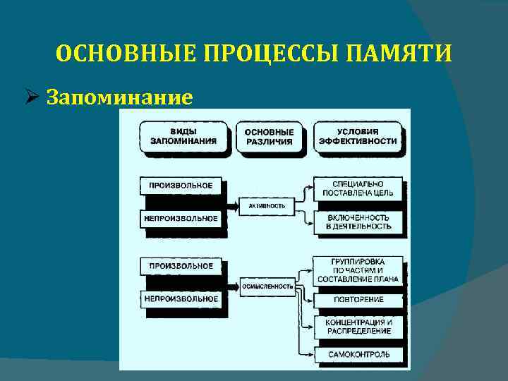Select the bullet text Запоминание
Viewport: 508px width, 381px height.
(119, 97)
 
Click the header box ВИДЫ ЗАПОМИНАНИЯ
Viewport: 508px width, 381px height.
(183, 136)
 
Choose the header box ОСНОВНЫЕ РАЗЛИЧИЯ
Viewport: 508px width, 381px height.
(270, 136)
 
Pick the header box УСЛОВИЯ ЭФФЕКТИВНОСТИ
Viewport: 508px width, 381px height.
(358, 136)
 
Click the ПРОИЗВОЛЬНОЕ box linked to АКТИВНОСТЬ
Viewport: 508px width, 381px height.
(181, 186)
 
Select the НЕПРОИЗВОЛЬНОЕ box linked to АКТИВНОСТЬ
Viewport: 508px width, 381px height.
(181, 218)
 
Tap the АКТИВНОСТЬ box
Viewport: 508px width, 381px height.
(267, 205)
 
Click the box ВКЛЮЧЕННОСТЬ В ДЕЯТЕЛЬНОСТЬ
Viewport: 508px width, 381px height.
(358, 222)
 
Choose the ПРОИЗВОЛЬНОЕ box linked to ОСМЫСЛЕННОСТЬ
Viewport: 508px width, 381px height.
(181, 266)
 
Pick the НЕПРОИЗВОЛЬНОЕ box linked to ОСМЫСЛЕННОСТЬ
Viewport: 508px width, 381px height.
(181, 298)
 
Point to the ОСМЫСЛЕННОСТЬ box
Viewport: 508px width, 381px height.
(268, 286)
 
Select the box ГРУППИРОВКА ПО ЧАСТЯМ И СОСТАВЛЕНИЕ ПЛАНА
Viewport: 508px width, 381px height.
(358, 270)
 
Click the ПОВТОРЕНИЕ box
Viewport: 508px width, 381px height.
(358, 299)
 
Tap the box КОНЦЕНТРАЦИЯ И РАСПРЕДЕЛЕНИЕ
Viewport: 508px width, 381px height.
(358, 326)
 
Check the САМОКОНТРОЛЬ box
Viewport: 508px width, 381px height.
(358, 353)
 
